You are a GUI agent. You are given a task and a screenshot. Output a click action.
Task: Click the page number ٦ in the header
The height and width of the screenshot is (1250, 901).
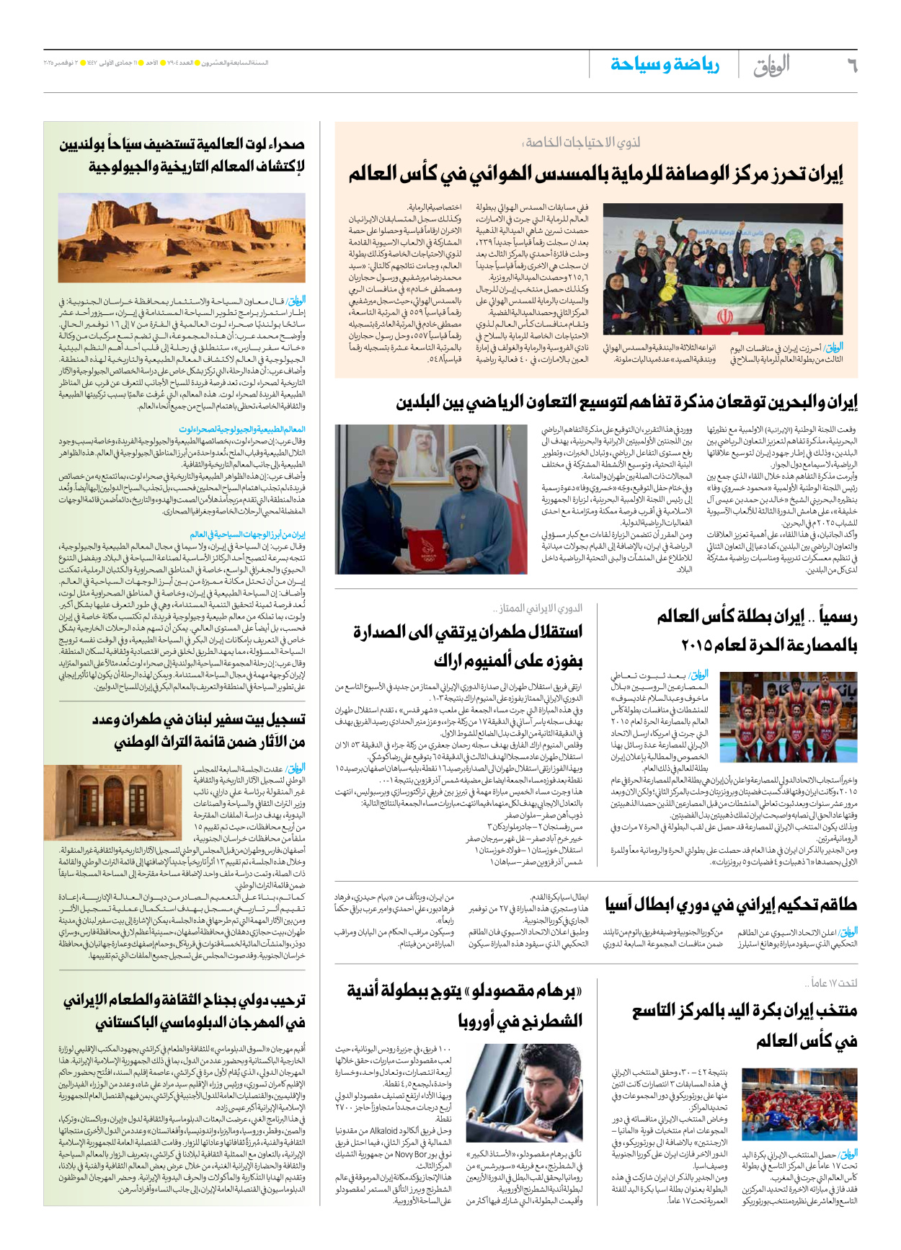click(851, 66)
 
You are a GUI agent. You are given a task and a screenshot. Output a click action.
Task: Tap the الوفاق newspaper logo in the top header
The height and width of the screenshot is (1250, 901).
click(771, 66)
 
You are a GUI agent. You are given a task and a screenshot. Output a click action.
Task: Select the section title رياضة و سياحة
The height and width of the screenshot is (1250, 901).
click(665, 65)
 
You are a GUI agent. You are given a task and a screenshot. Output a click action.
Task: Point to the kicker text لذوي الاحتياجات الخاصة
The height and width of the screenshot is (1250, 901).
click(582, 142)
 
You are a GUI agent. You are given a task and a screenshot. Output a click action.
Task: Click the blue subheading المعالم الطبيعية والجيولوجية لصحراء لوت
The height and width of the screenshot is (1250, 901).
click(242, 430)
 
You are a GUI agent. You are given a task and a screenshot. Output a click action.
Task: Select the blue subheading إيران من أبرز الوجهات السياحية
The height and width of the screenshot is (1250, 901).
click(248, 535)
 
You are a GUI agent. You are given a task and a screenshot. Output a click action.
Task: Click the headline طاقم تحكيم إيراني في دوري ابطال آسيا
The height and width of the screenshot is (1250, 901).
click(731, 905)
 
